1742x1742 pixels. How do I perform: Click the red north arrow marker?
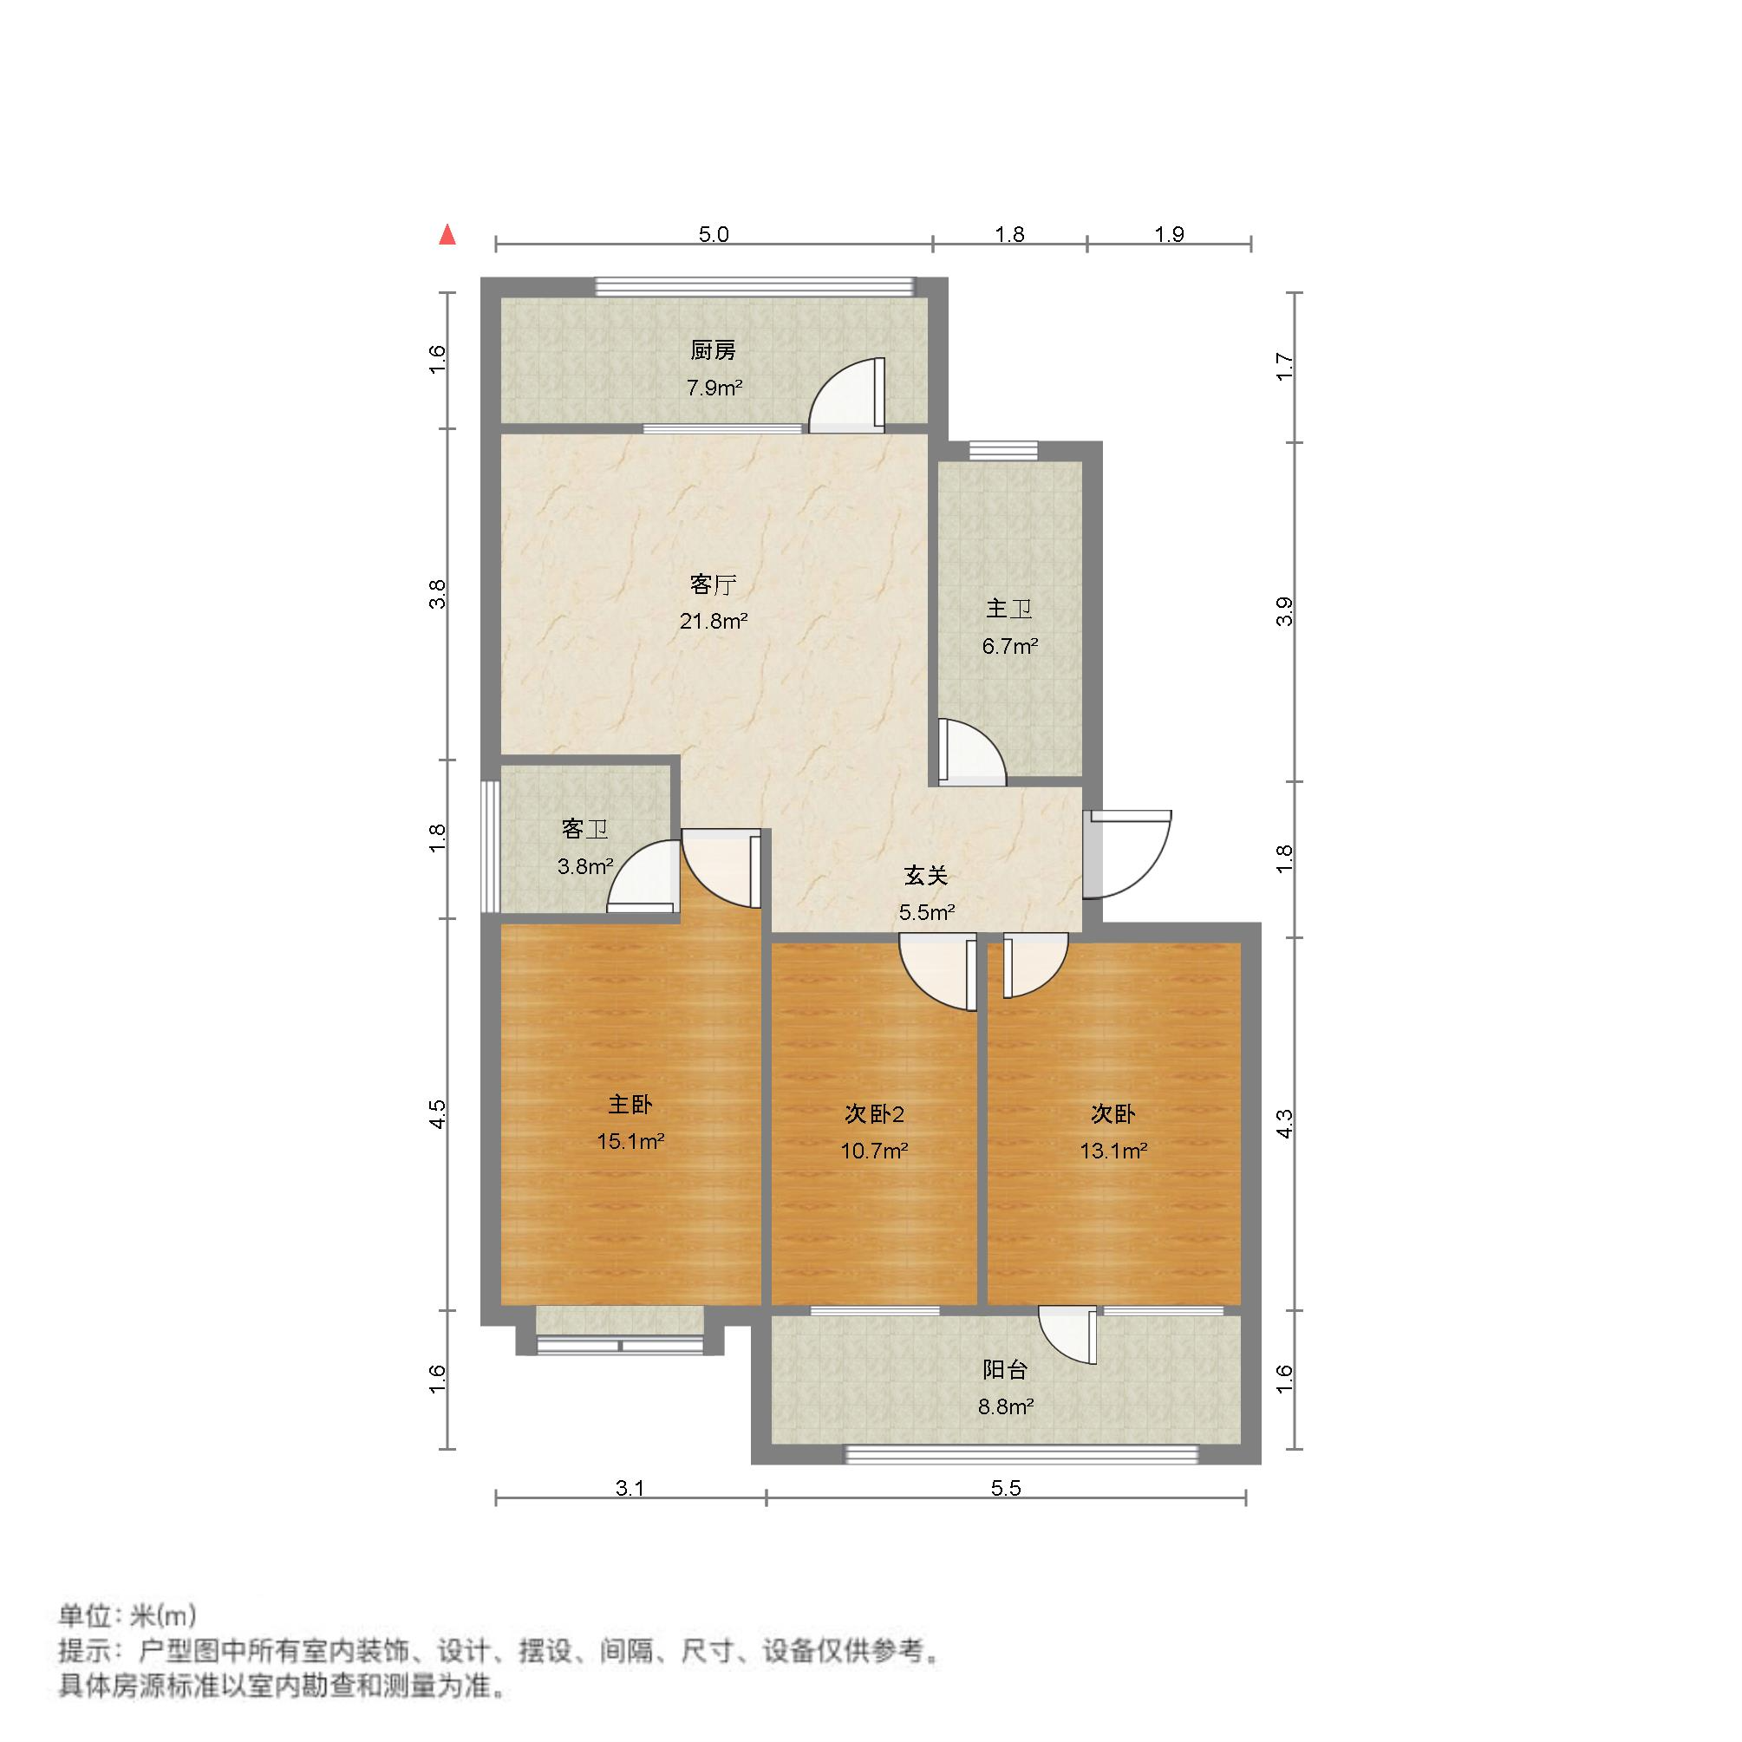click(447, 235)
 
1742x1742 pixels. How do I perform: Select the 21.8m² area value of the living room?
click(714, 620)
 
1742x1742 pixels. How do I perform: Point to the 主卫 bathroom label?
click(1009, 610)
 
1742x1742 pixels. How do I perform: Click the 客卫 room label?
click(584, 829)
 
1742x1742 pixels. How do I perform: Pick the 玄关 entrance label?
click(926, 875)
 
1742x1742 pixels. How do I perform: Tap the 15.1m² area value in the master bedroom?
click(630, 1141)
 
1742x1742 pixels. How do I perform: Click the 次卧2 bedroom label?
click(874, 1114)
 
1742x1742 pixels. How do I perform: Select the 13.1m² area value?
click(1113, 1151)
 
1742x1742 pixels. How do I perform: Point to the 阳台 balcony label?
click(1005, 1371)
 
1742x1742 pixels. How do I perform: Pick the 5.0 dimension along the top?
click(714, 234)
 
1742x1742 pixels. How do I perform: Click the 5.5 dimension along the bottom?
click(1005, 1488)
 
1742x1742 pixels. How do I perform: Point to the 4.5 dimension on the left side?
click(437, 1112)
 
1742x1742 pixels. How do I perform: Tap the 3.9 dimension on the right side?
click(1286, 612)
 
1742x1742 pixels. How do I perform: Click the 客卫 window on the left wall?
click(490, 846)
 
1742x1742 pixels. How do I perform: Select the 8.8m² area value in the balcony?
click(1005, 1406)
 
